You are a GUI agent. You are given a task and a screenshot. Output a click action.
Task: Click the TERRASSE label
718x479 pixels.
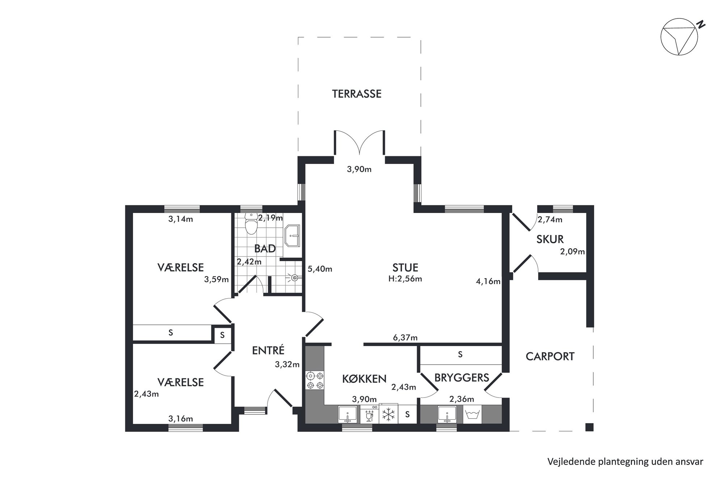tap(357, 94)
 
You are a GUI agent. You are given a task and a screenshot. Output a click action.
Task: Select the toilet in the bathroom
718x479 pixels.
tap(250, 223)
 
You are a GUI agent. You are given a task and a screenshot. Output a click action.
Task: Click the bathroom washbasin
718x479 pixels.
tap(292, 236)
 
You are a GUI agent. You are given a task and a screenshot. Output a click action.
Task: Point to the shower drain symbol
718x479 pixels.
tap(294, 278)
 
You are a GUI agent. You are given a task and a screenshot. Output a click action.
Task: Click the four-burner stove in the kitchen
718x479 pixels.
tap(315, 380)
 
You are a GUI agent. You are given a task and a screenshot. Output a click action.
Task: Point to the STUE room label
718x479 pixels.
tap(405, 268)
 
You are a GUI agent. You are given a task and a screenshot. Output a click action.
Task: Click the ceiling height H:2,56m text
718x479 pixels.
tap(405, 279)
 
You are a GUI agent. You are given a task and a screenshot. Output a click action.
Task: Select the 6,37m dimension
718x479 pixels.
tap(405, 337)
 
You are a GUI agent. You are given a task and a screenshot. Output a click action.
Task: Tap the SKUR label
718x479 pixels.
tap(550, 239)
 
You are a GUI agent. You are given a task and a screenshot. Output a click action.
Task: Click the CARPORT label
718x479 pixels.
tap(550, 356)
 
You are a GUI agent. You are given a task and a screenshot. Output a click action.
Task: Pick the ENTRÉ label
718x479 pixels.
tap(268, 350)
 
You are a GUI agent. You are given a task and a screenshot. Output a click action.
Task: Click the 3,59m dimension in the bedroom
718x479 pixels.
tap(216, 279)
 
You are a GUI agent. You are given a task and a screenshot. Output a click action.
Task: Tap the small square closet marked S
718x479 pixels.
tap(222, 335)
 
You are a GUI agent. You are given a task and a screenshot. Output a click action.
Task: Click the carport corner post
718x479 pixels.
tap(590, 427)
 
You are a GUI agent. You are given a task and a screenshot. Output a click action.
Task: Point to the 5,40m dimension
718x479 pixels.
tap(320, 269)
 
